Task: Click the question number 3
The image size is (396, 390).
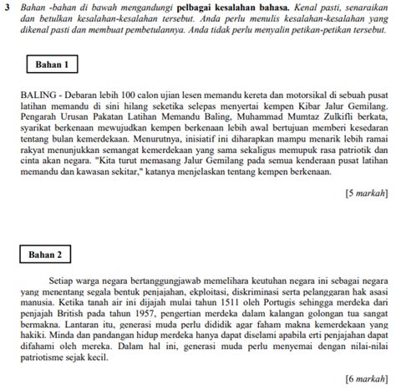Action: (7, 8)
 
